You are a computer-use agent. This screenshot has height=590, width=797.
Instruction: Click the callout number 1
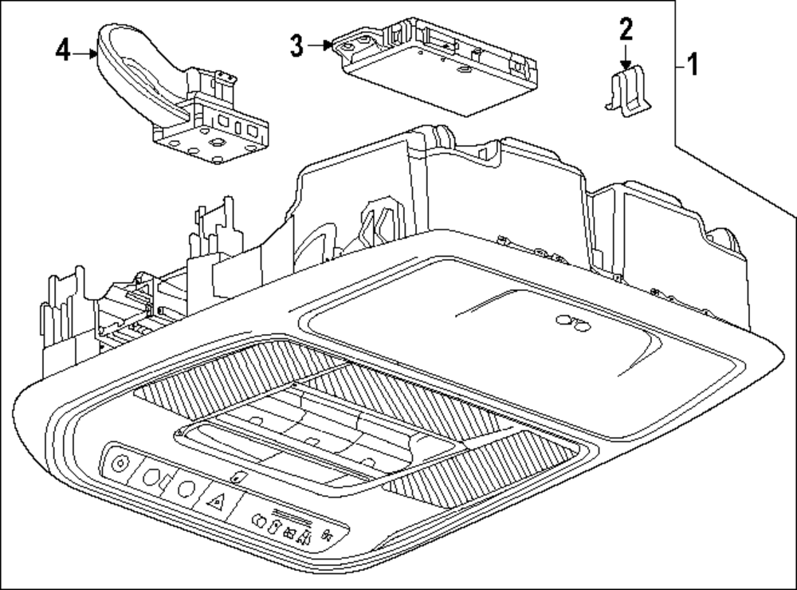tap(693, 64)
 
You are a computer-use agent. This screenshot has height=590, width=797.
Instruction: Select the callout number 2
tap(626, 30)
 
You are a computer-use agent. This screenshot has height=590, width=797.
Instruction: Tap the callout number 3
tap(296, 46)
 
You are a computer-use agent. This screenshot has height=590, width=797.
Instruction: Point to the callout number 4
tap(63, 52)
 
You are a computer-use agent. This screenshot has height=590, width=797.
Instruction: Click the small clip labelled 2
tap(629, 93)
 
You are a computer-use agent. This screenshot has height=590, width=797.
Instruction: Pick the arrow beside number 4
tap(85, 53)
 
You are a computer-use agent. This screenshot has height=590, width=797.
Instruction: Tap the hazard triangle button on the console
tap(216, 501)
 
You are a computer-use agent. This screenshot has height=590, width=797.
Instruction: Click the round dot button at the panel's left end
tap(120, 464)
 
